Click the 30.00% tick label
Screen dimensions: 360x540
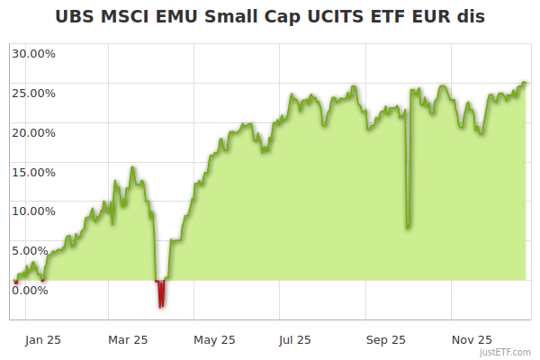coord(33,53)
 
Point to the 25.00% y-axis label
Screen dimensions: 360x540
coord(33,93)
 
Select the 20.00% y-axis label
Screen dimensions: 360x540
coord(33,132)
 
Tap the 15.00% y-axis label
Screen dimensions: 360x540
coord(33,172)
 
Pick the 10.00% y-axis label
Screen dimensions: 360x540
coord(33,211)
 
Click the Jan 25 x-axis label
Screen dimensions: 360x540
coord(43,340)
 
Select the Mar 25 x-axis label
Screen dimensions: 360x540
coord(128,340)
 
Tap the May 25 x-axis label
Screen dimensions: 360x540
coord(214,340)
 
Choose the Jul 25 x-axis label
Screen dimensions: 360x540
coord(295,340)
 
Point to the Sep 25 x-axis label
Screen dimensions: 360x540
coord(385,340)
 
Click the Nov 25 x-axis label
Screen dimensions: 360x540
coord(472,340)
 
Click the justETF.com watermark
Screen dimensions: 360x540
coord(506,353)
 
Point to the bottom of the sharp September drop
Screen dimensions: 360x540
coord(408,226)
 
